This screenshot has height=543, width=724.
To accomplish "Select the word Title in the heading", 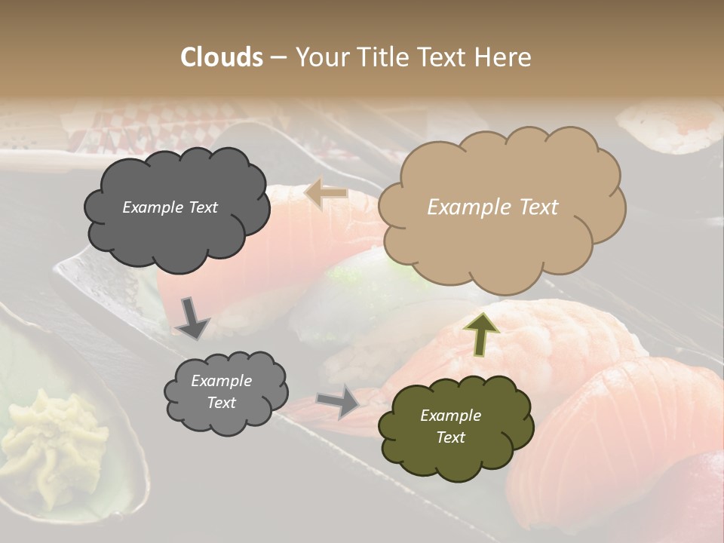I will coord(382,57).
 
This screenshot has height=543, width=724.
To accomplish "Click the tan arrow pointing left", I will coord(326,193).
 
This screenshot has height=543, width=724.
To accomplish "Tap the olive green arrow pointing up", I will coord(481,333).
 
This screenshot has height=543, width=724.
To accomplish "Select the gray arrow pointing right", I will coord(338,400).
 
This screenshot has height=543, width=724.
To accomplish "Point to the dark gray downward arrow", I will coord(192,318).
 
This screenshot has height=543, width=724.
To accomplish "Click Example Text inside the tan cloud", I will coord(492,207).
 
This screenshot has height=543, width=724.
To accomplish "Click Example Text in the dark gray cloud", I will coord(170,207).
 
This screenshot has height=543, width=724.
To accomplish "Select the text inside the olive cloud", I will coord(450,426).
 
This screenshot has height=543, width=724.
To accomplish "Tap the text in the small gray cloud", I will coord(221,391).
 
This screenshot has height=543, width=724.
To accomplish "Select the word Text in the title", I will coord(445,57).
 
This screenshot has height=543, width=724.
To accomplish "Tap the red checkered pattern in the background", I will coord(113,128).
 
